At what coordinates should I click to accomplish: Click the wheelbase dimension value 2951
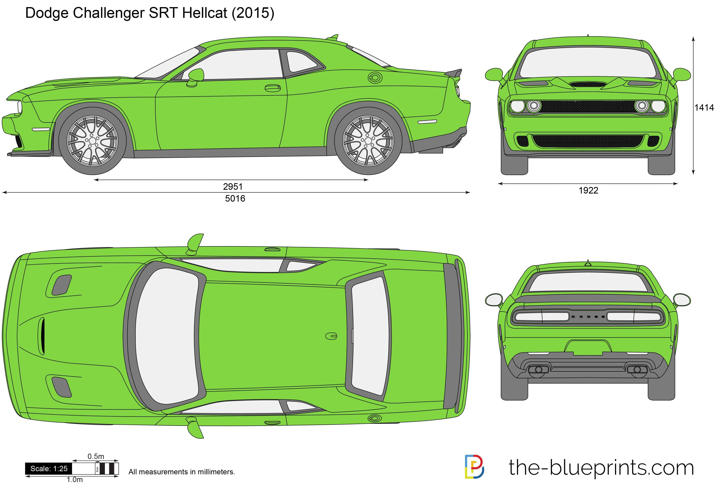click(233, 187)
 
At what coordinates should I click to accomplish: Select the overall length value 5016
click(235, 198)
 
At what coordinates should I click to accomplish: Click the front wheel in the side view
click(92, 141)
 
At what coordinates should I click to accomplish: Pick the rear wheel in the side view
click(368, 141)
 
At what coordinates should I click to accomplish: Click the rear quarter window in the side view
click(301, 62)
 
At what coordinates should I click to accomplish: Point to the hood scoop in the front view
click(588, 84)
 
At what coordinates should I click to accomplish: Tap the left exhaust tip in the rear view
click(539, 369)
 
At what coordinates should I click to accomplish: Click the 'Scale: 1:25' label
click(49, 469)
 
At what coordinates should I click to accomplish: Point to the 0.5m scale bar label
click(96, 456)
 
